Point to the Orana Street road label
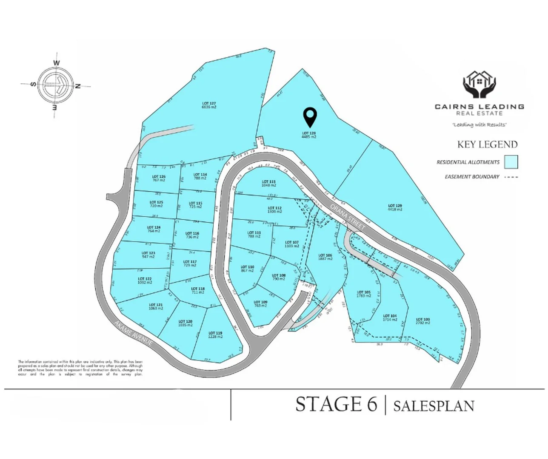348,217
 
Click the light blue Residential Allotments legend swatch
511,162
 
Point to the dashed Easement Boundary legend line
511,177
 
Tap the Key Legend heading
487,144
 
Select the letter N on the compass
78,86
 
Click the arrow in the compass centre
57,84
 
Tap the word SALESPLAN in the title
434,405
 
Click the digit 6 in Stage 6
371,404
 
